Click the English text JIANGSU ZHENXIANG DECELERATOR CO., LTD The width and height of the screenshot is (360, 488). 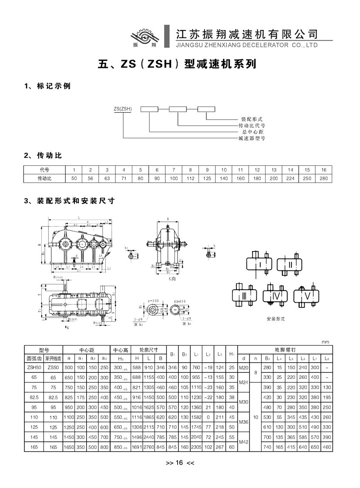[246, 45]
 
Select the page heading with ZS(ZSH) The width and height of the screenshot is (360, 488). [177, 65]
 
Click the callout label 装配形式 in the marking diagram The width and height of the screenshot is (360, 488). [252, 119]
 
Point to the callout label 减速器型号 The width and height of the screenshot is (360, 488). [252, 138]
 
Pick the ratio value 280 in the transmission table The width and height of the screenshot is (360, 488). [323, 178]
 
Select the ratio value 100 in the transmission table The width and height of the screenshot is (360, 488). [174, 178]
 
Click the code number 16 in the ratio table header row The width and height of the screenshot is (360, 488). [323, 170]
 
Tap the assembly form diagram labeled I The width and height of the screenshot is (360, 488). [259, 264]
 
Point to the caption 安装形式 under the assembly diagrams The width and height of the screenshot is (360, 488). [276, 319]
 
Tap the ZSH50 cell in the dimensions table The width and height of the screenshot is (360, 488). [34, 368]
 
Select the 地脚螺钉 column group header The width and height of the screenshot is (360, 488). [285, 349]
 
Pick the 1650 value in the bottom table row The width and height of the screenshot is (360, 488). [68, 447]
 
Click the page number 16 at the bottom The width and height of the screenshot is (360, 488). [180, 463]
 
